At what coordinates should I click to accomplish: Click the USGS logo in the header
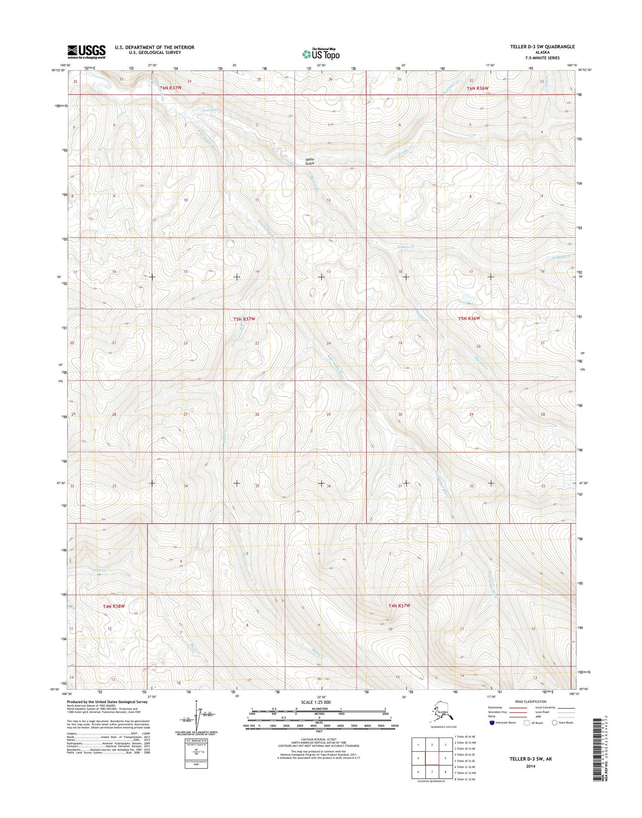[86, 52]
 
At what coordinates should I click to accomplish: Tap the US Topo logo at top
[321, 54]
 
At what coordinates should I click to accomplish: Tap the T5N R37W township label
[244, 319]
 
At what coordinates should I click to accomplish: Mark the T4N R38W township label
[114, 606]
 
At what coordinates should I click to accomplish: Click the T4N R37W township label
[399, 606]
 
